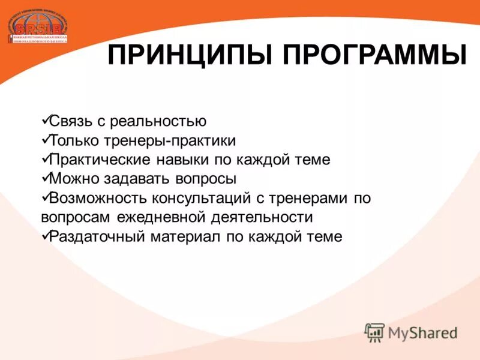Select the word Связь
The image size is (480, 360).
pyautogui.click(x=71, y=121)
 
